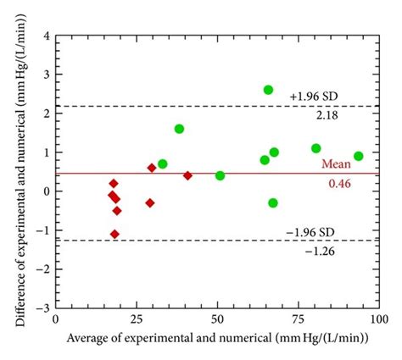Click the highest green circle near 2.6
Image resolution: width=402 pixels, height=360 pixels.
point(268,90)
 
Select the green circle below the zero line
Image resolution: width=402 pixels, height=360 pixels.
point(272,202)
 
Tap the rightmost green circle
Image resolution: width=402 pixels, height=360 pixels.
point(358,156)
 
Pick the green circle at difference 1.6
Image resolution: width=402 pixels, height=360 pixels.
point(179,129)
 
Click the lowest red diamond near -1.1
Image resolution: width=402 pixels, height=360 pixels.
point(114,234)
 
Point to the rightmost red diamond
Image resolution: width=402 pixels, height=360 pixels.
point(187,175)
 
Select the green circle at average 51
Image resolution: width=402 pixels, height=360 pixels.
point(220,175)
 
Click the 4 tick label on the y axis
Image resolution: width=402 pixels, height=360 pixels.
point(44,36)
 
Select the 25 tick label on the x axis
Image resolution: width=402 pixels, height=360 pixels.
point(137,320)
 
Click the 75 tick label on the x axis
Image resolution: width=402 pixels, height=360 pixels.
point(297,320)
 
